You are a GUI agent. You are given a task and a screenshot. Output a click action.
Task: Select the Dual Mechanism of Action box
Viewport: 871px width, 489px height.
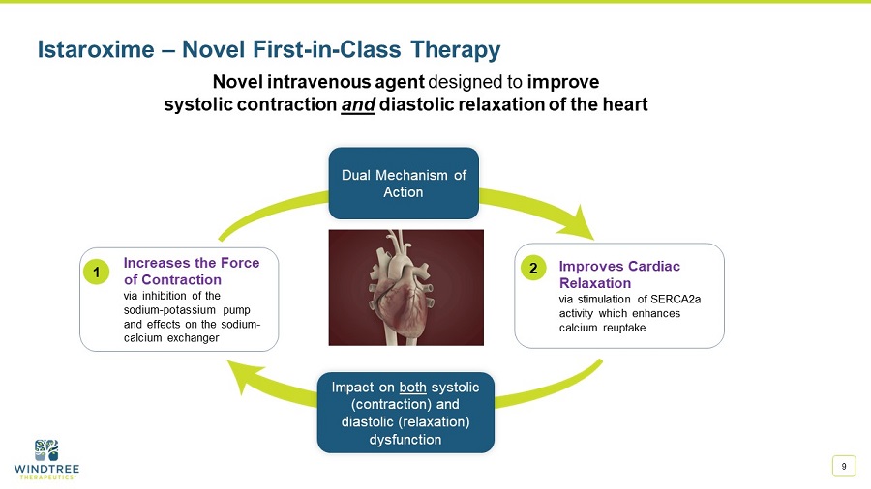tap(404, 184)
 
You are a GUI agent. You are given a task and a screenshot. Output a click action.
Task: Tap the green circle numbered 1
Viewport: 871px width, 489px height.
tap(97, 273)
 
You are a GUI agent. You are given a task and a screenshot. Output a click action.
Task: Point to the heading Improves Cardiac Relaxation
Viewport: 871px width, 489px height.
tap(619, 274)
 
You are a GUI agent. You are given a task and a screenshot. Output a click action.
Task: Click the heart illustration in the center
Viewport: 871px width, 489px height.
tap(405, 287)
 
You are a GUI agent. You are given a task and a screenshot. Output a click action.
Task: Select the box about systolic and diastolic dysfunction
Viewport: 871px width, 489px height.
tap(405, 413)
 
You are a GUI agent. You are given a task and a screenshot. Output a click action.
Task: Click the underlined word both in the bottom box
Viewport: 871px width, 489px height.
tap(412, 387)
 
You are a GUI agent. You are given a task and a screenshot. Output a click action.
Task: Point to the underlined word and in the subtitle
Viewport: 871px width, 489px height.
tap(358, 104)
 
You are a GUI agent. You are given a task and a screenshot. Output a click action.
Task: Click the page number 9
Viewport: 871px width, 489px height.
tap(844, 467)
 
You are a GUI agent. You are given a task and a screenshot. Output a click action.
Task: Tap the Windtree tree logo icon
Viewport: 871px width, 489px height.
tap(46, 449)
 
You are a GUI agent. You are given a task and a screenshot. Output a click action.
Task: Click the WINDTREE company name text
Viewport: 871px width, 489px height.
tap(46, 469)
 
